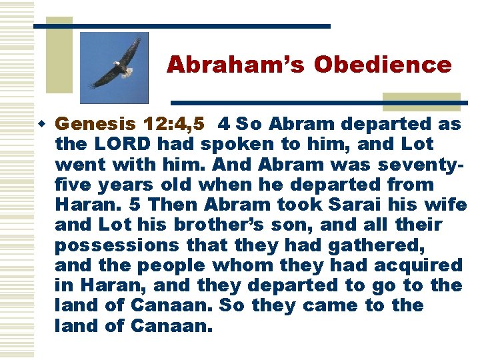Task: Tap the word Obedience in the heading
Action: tap(383, 65)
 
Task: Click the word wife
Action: tap(451, 205)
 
